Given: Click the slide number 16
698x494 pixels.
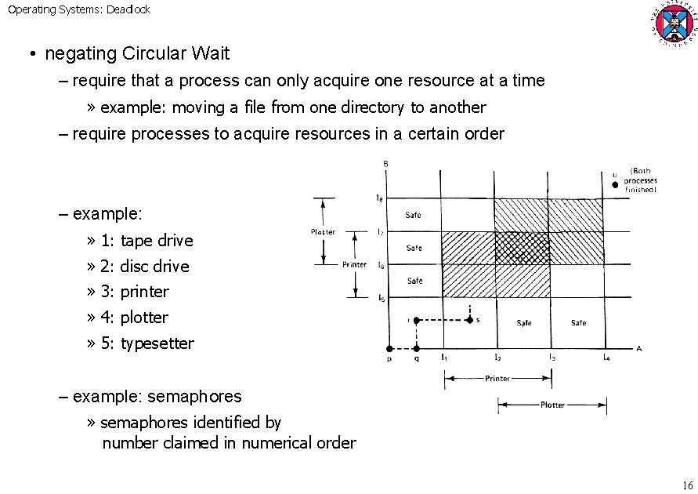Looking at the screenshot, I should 689,484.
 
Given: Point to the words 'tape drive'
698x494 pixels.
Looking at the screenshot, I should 156,241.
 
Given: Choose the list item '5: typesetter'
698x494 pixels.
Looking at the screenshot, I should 147,343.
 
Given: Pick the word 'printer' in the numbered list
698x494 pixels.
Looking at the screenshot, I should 144,292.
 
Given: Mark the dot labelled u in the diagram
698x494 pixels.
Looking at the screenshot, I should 616,186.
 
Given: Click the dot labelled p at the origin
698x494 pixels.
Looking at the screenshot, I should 389,347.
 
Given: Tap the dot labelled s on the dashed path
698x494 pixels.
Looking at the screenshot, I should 469,320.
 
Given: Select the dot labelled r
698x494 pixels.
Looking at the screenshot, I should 417,320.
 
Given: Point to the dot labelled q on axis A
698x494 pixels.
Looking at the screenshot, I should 417,347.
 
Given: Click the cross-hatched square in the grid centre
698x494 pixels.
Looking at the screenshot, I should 520,248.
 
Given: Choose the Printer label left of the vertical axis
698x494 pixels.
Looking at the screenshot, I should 355,264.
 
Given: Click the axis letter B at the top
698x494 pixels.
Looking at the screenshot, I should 385,163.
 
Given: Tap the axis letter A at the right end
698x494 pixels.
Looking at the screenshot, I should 639,348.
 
